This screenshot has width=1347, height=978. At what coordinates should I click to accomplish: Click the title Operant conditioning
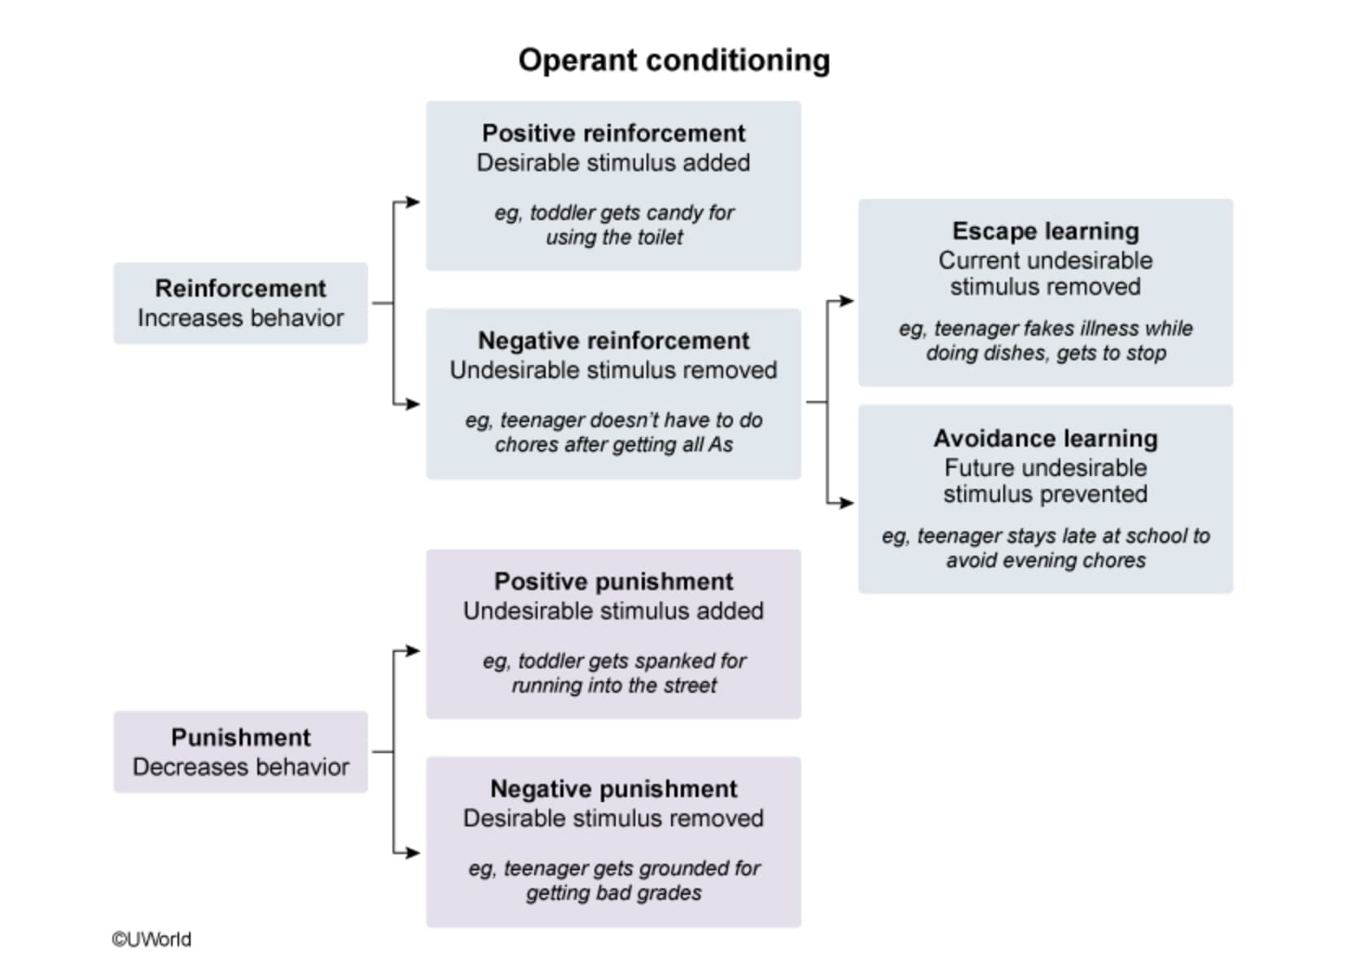tap(674, 61)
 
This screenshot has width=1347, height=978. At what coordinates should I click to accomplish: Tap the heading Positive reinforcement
tap(613, 133)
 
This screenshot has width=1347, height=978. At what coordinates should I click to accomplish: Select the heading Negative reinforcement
tap(613, 341)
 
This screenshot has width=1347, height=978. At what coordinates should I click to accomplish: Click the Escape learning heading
tap(1045, 231)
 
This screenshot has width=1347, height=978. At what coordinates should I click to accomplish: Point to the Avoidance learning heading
tap(1045, 438)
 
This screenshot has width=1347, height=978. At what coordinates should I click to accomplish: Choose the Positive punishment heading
tap(613, 581)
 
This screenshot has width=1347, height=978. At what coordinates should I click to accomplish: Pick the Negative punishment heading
tap(613, 789)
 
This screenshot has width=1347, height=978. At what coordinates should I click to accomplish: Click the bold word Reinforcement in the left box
tap(240, 289)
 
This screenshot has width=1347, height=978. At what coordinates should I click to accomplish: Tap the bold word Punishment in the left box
tap(240, 738)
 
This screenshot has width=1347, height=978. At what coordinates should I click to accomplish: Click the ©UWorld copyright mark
tap(151, 940)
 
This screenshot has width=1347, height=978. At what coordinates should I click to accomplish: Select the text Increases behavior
tap(240, 318)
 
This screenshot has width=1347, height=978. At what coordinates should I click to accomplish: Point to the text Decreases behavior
tap(240, 767)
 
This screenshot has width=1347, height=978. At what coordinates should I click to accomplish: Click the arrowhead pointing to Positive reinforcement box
tap(413, 201)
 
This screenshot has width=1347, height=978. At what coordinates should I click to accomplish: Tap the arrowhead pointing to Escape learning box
tap(847, 300)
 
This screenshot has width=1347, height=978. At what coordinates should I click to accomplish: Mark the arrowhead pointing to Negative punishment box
tap(413, 852)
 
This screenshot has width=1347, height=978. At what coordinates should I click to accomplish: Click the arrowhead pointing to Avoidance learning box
tap(847, 503)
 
